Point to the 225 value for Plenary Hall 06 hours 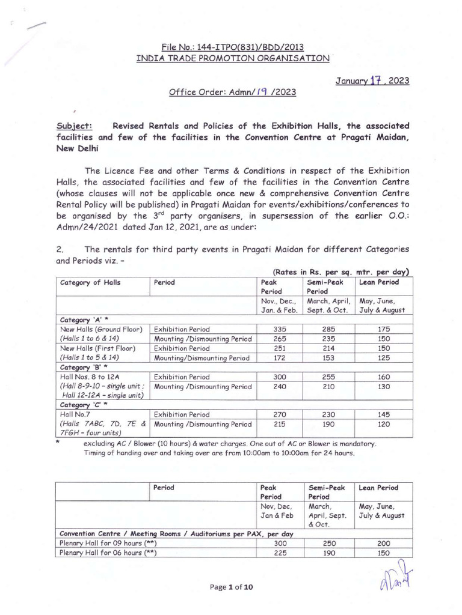(277, 554)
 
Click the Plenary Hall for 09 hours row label (106, 543)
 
